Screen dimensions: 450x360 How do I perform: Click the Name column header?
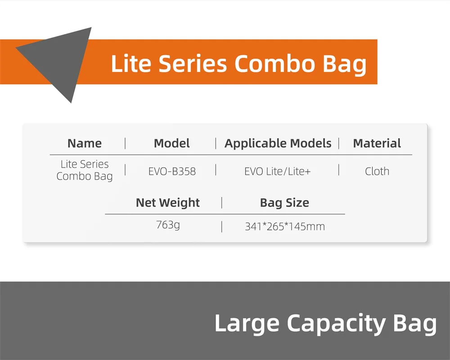tap(85, 143)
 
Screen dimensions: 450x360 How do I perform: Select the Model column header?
tap(171, 143)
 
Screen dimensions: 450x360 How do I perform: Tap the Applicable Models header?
tap(278, 143)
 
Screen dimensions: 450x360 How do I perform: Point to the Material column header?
tap(377, 143)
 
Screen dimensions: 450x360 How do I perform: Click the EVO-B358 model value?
tap(172, 171)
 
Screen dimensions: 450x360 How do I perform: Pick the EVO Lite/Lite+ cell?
tap(277, 171)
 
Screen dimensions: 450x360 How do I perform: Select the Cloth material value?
tap(377, 171)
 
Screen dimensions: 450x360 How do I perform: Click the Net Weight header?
tap(167, 203)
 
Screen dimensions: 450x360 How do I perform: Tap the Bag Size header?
tap(284, 203)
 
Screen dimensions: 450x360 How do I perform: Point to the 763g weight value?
tap(168, 225)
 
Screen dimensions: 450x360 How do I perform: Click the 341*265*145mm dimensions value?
tap(285, 226)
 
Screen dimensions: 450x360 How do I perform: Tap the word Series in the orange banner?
tap(193, 63)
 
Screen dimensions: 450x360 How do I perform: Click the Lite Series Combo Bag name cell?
tap(85, 170)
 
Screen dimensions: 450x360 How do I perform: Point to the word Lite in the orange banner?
tap(131, 63)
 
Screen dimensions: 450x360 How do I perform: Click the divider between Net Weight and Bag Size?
tap(222, 202)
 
